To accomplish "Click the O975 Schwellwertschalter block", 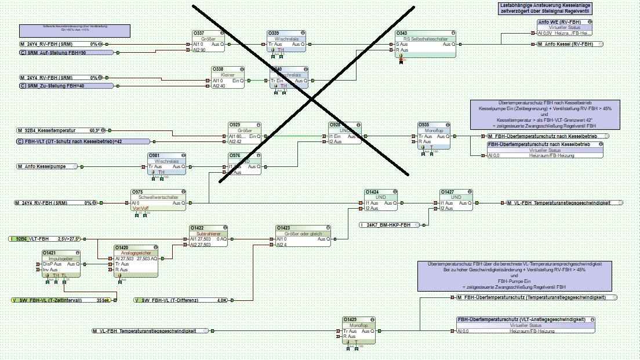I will pos(158,199).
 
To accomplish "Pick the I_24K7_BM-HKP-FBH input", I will pos(389,224).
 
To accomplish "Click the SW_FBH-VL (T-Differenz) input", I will pos(181,300).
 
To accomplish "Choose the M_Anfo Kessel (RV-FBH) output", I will pos(569,44).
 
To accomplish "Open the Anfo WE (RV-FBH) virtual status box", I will pos(565,27).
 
